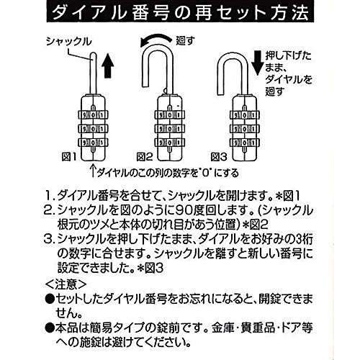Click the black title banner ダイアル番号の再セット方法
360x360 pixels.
pyautogui.click(x=180, y=12)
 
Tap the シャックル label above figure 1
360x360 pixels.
pyautogui.click(x=69, y=42)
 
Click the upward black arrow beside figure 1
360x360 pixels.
pyautogui.click(x=108, y=66)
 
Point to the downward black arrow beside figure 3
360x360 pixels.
pyautogui.click(x=257, y=63)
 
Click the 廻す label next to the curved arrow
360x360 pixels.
pyautogui.click(x=186, y=41)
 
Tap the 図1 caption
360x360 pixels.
pyautogui.click(x=69, y=157)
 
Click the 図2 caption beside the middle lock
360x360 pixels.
pyautogui.click(x=145, y=157)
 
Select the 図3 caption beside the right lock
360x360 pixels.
pyautogui.click(x=219, y=157)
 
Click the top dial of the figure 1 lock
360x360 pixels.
pyautogui.click(x=93, y=115)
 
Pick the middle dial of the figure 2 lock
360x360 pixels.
pyautogui.click(x=170, y=129)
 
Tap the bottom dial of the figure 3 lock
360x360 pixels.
pyautogui.click(x=245, y=143)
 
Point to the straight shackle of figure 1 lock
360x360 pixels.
pyautogui.click(x=93, y=73)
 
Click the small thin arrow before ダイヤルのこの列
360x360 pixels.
pyautogui.click(x=93, y=170)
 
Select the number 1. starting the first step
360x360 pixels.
pyautogui.click(x=50, y=197)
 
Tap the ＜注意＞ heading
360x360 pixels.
pyautogui.click(x=66, y=284)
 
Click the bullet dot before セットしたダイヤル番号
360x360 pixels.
pyautogui.click(x=50, y=299)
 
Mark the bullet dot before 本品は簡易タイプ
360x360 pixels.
pyautogui.click(x=50, y=328)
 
